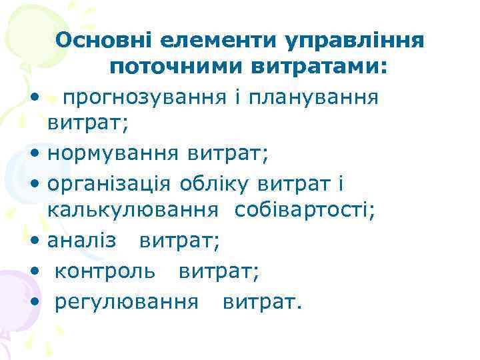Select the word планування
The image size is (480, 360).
[325, 99]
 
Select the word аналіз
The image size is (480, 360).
[82, 241]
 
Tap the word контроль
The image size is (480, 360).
[105, 271]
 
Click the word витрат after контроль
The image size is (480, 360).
[218, 271]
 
